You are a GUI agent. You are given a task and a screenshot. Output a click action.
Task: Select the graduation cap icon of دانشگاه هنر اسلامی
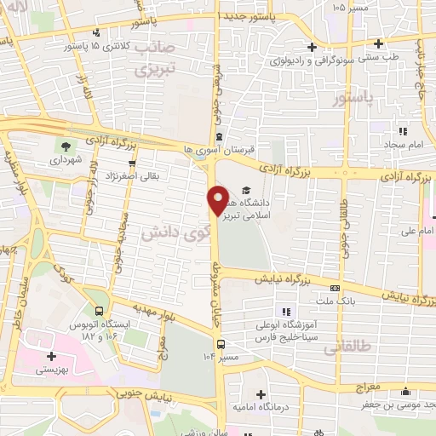[x=246, y=191]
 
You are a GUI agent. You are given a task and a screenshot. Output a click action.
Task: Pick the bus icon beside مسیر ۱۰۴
[x=221, y=344]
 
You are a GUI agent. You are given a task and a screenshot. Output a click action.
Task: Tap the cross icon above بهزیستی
[x=50, y=356]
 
